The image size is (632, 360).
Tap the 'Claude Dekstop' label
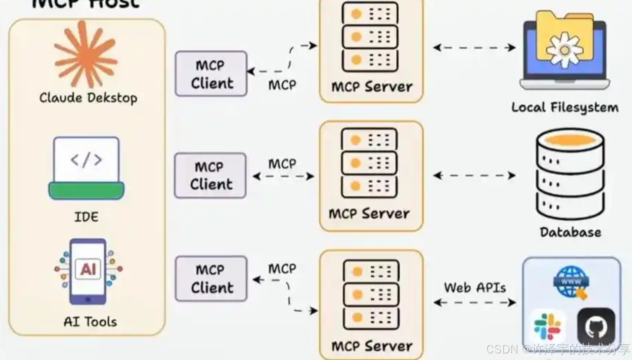coord(88,98)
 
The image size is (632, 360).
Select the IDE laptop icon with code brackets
coord(86,168)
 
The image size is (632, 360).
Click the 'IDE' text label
coord(86,217)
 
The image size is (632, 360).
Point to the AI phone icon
coord(88,271)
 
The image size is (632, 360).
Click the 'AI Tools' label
coord(90,322)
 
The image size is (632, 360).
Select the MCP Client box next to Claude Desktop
coord(211,74)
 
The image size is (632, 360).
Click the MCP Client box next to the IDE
coord(210,176)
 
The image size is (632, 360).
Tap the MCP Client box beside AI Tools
coord(211,279)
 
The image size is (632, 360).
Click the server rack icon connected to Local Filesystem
coord(370,37)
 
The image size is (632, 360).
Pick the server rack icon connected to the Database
coord(369,163)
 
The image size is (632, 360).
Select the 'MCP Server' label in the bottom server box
coord(371,346)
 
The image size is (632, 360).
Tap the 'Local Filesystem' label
coord(565,108)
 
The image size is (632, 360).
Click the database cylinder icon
coord(570,174)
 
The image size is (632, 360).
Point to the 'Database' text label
coord(571,232)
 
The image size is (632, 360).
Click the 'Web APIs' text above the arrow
coord(475,287)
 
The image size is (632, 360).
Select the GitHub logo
coord(596,327)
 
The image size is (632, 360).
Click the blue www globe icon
coord(571,282)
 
